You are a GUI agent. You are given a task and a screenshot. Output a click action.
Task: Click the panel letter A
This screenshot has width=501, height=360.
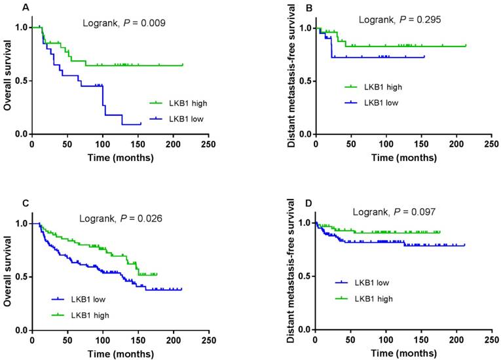point(8,8)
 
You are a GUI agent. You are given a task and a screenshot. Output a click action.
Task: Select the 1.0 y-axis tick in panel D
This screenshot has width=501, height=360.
point(305,223)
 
